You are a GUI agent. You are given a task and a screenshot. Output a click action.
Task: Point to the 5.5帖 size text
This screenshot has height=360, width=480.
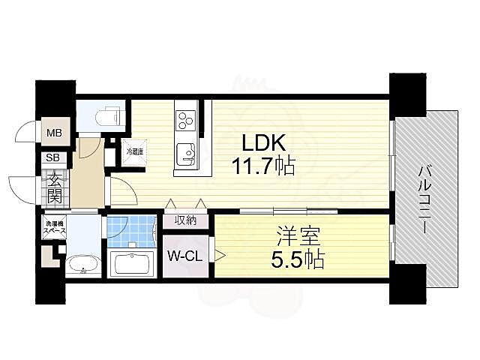pyautogui.click(x=297, y=261)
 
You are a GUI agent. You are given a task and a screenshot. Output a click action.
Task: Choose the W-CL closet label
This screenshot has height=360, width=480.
pyautogui.click(x=184, y=256)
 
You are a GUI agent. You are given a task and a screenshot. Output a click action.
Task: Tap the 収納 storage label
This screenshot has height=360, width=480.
pyautogui.click(x=186, y=220)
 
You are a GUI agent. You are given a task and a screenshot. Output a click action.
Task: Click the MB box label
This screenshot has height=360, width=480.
pyautogui.click(x=55, y=135)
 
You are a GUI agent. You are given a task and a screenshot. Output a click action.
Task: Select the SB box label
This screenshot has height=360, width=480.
pyautogui.click(x=53, y=157)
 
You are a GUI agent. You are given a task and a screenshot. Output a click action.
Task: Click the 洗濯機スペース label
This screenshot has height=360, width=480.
pyautogui.click(x=53, y=229)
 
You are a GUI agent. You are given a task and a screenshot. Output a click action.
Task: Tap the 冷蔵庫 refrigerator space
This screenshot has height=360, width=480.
pyautogui.click(x=134, y=152)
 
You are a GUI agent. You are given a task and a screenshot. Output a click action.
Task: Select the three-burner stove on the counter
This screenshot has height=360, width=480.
pyautogui.click(x=184, y=120)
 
